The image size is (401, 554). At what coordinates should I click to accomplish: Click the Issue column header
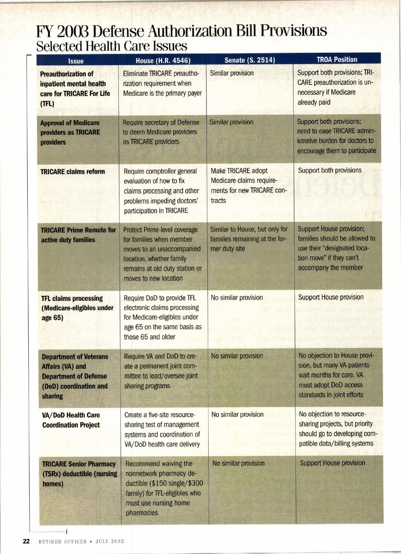(x=76, y=61)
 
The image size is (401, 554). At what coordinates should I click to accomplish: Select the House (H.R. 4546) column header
(x=163, y=60)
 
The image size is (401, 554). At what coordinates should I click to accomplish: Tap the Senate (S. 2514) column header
(x=249, y=60)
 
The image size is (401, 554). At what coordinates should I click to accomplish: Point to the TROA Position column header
(x=337, y=59)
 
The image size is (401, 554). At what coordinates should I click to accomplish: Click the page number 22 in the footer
(x=26, y=541)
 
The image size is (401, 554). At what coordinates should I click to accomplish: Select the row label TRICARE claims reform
(x=73, y=172)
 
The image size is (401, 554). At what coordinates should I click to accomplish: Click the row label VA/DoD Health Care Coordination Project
(x=71, y=420)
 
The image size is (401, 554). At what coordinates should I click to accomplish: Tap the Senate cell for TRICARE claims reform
(x=249, y=185)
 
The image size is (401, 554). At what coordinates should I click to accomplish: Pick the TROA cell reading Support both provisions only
(x=329, y=170)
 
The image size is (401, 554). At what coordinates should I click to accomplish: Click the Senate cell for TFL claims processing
(x=237, y=298)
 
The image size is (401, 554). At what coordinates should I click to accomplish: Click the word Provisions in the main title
(x=293, y=31)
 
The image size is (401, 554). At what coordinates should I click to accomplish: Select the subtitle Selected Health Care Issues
(x=111, y=46)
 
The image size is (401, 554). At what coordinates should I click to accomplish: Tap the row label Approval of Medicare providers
(x=70, y=132)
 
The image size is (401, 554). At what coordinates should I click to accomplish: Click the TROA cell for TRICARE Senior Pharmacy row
(x=332, y=463)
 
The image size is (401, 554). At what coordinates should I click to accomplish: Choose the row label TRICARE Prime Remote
(x=78, y=235)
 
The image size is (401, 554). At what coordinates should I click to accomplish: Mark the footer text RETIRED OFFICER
(x=63, y=541)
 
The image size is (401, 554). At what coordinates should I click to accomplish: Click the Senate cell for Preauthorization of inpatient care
(x=232, y=73)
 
